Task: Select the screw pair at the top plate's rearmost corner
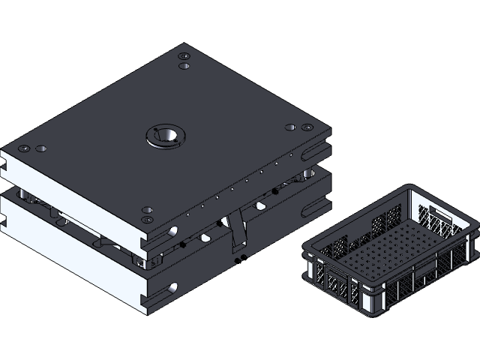[184, 61]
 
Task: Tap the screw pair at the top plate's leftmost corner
[34, 148]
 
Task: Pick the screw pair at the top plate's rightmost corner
[298, 127]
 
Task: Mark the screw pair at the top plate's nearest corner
[148, 214]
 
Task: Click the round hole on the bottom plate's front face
[173, 287]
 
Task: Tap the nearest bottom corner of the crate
[371, 309]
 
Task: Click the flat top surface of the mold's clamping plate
[112, 112]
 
